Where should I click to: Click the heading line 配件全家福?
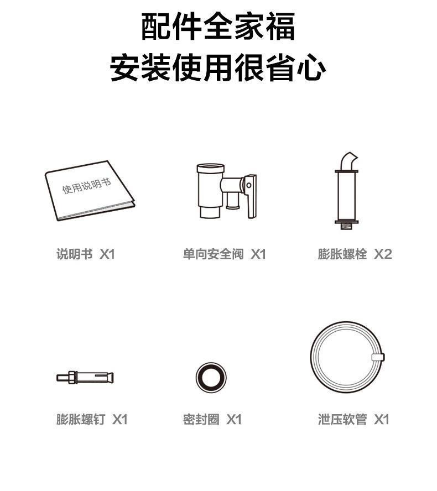[x=218, y=27]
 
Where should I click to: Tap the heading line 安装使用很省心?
[x=218, y=67]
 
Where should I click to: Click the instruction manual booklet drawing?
[x=90, y=190]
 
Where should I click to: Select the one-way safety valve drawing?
[x=226, y=191]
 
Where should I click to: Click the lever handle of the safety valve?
[x=251, y=196]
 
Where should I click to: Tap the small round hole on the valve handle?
[x=249, y=185]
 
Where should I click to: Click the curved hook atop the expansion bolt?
[x=348, y=161]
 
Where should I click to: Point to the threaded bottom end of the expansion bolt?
[x=346, y=226]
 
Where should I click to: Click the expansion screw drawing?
[x=85, y=377]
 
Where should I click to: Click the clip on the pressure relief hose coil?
[x=378, y=357]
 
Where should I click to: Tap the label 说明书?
[x=75, y=254]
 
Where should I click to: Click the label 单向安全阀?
[x=214, y=254]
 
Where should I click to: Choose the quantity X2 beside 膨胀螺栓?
[x=383, y=254]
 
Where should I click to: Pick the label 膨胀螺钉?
[x=81, y=419]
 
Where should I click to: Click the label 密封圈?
[x=201, y=419]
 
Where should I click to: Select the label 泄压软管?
[x=342, y=419]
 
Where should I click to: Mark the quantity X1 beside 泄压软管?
[x=382, y=419]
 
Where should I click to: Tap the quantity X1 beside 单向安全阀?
[x=258, y=254]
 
